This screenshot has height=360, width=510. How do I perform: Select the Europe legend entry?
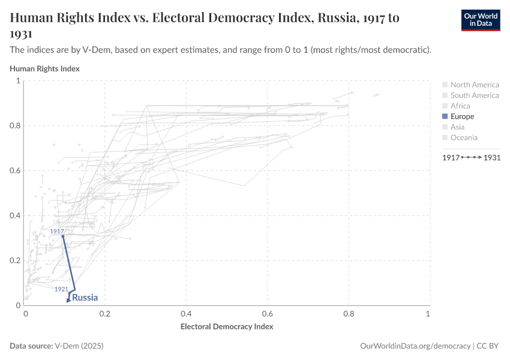(462, 116)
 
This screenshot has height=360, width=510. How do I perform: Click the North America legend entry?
(474, 85)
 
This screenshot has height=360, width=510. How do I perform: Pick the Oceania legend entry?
(464, 137)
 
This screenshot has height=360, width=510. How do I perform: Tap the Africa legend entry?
(460, 106)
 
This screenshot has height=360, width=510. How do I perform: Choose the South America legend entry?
(474, 95)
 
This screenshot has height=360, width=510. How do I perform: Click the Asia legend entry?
(458, 127)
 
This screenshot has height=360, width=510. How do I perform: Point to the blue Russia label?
(85, 298)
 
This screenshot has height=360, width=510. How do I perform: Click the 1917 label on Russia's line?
(57, 231)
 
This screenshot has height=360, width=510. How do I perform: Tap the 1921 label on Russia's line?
(61, 289)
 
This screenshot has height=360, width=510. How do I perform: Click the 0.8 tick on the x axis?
(347, 314)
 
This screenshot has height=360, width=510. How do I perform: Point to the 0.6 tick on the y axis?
(14, 170)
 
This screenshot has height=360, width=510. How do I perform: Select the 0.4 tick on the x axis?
(186, 314)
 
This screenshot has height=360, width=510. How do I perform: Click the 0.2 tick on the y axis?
(14, 260)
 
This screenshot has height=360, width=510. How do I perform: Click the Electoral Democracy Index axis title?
(227, 327)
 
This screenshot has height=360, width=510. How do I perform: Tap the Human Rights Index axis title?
(44, 68)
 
